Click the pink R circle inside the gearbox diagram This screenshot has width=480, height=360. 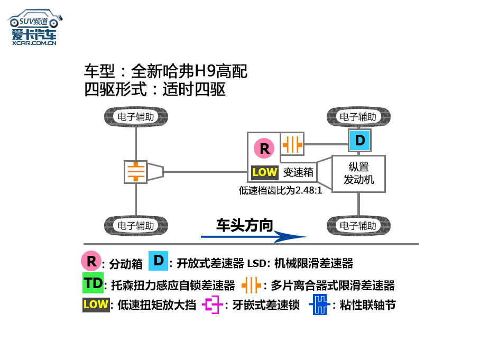coord(264,148)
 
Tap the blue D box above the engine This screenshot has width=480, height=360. coord(359,141)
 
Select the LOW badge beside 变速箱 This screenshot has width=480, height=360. coord(265,172)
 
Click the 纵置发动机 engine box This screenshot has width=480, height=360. coord(358,173)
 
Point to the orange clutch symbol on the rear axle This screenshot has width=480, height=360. coord(136,172)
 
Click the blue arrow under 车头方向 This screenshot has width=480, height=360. coord(253,237)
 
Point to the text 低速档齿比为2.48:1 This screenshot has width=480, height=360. coord(280,190)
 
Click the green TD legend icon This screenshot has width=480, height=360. coord(93,283)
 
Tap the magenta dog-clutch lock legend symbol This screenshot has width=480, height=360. coord(212,304)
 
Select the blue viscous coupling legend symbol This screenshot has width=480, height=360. coord(320,304)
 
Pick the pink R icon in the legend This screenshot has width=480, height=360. coord(91,261)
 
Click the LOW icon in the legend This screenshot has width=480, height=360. coord(96,305)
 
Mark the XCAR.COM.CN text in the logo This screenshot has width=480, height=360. coord(34,43)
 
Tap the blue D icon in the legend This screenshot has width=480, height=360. coord(158,261)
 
